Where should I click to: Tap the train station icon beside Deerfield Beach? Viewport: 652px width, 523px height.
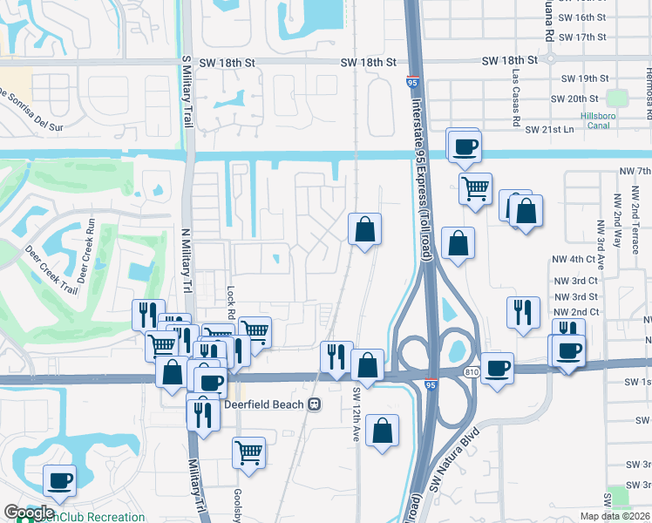pos(313,404)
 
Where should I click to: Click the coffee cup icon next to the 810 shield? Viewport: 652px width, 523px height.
pos(497,367)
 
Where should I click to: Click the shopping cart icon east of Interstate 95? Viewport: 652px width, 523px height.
pos(475,187)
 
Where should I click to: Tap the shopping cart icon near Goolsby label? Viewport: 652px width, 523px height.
pos(249,453)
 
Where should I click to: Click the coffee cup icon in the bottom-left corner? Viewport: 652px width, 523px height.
pos(59,479)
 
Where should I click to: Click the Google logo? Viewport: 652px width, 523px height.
pos(29,513)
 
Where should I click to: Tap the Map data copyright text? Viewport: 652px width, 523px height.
pos(615,516)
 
